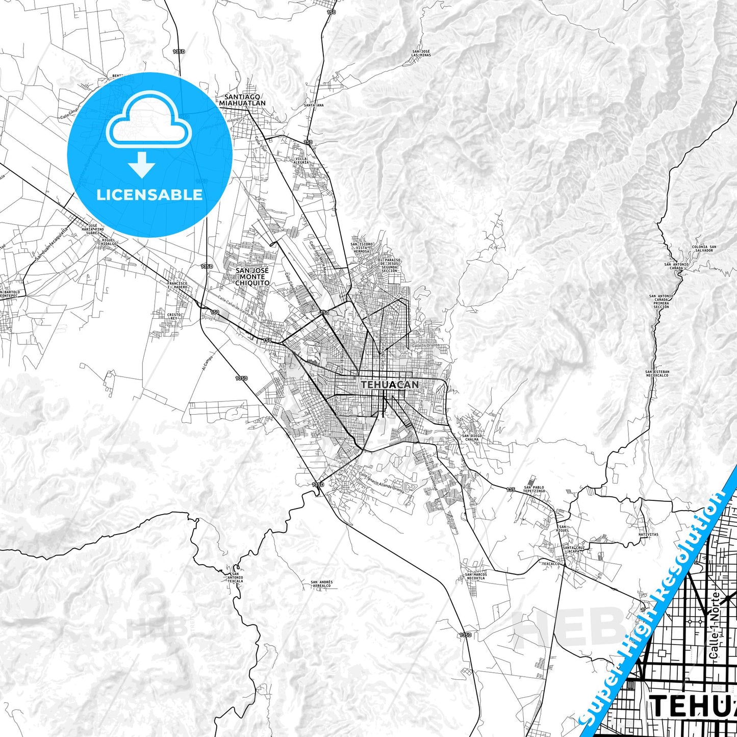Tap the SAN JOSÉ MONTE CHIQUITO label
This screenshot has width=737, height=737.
(251, 276)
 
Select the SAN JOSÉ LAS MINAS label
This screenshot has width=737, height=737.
(422, 54)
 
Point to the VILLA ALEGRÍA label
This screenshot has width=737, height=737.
(302, 162)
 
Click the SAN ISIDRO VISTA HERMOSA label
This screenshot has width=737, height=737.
(362, 248)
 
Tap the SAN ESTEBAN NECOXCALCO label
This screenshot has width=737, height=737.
(656, 373)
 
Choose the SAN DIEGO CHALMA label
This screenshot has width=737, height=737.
(472, 438)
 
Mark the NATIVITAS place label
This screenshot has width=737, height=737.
(648, 535)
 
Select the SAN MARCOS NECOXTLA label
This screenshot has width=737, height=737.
(475, 577)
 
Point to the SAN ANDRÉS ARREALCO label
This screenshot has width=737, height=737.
(321, 584)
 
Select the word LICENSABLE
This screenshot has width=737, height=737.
(149, 194)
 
